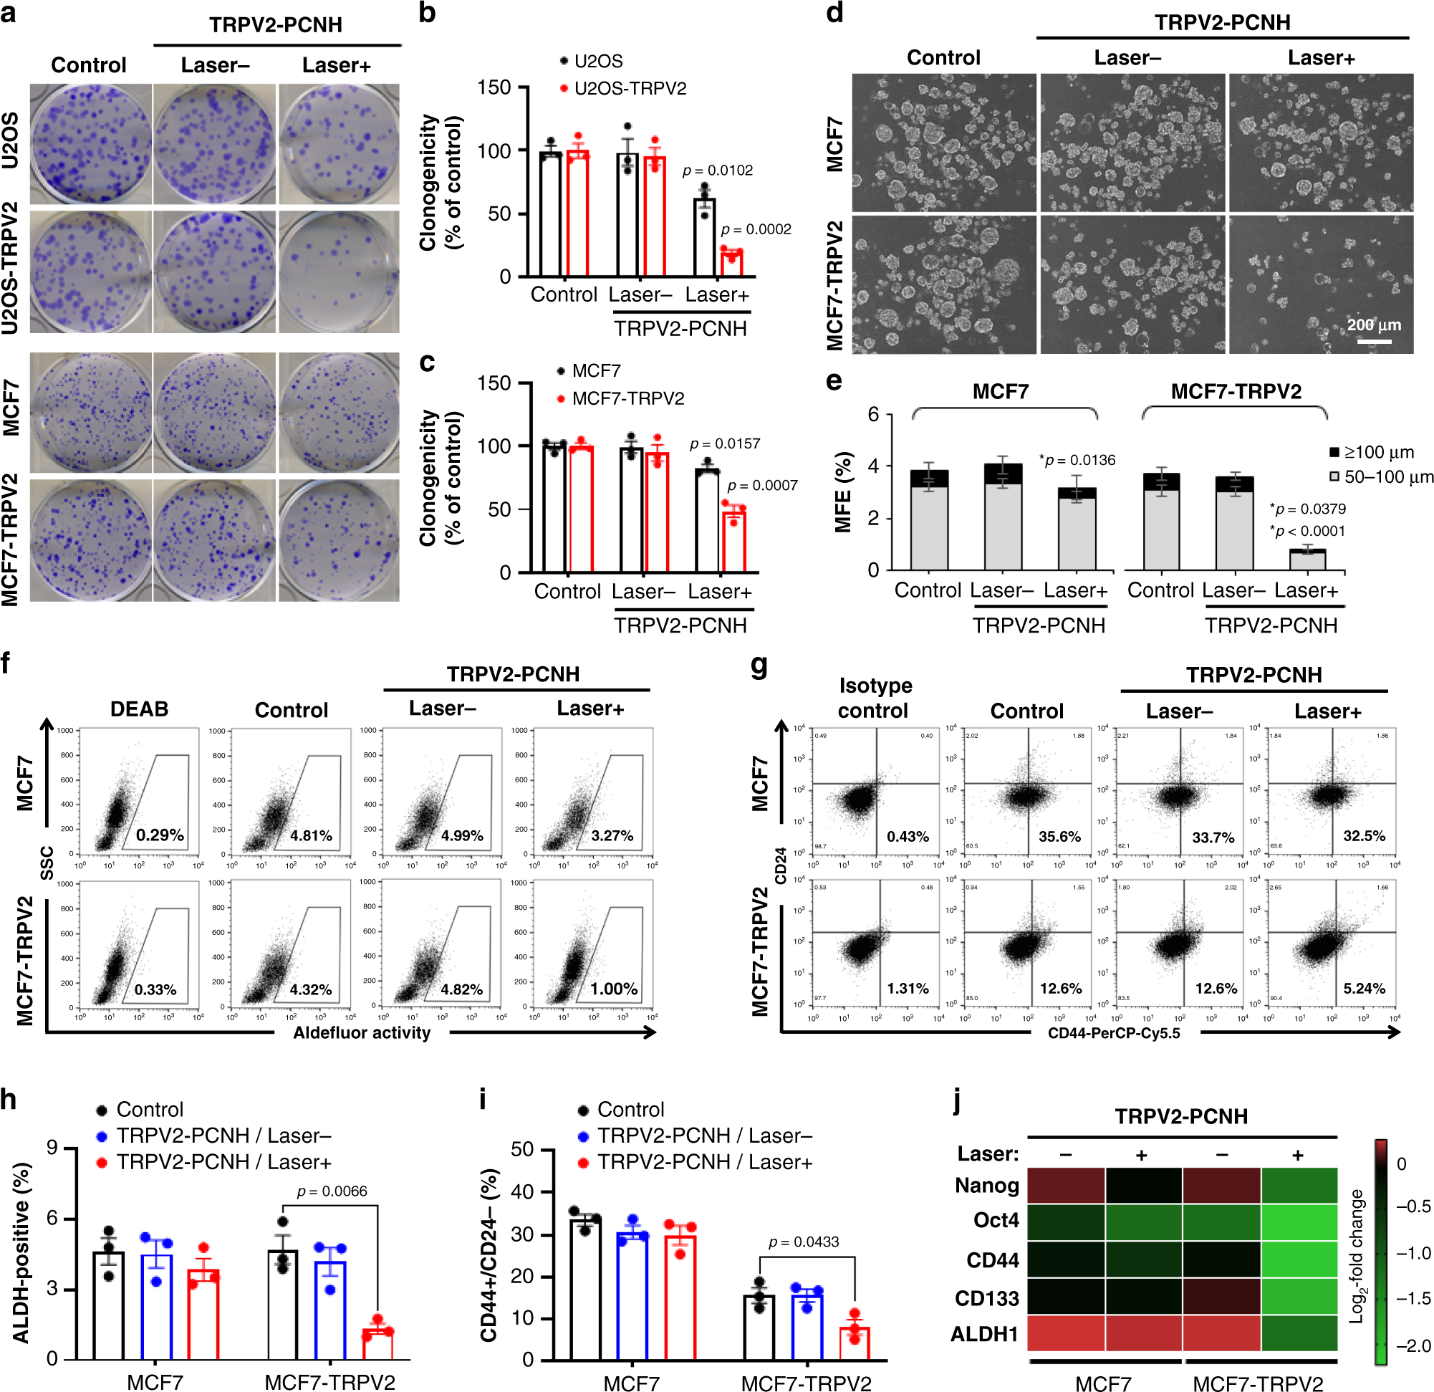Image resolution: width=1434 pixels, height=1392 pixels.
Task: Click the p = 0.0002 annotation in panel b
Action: click(756, 229)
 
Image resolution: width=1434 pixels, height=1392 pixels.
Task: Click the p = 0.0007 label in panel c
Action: click(761, 485)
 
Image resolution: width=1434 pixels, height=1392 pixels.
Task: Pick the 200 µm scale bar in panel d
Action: click(1373, 341)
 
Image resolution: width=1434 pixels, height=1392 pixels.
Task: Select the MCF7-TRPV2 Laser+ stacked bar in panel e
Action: click(1307, 559)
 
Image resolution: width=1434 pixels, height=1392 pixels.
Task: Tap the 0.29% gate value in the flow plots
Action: click(160, 835)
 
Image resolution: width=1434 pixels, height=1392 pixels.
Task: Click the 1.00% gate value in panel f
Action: click(613, 989)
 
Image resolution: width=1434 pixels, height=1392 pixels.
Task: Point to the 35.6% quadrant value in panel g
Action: click(1059, 836)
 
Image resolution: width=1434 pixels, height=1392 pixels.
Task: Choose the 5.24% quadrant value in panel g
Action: click(1364, 988)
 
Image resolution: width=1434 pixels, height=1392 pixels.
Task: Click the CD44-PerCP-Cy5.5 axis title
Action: click(1114, 1032)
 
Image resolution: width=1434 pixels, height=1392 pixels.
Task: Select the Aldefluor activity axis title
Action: click(362, 1032)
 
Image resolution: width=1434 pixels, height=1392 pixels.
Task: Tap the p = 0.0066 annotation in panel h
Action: click(332, 1191)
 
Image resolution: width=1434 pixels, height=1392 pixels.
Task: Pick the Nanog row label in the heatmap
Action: click(986, 1185)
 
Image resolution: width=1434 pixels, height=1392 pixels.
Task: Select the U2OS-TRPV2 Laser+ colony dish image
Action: click(339, 272)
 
